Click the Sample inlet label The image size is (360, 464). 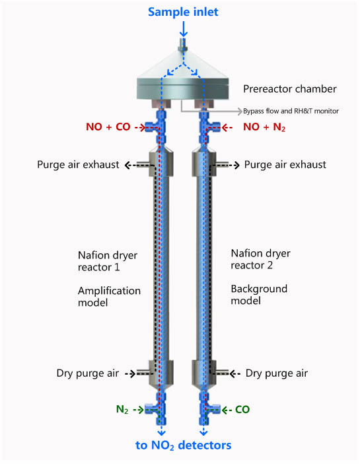click(x=183, y=12)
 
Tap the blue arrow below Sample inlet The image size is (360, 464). click(x=184, y=29)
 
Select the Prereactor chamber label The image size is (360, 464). click(x=290, y=89)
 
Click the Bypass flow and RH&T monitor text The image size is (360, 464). click(x=291, y=111)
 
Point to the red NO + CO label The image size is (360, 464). click(x=108, y=127)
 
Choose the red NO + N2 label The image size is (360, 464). click(x=264, y=128)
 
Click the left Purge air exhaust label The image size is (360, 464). click(x=78, y=165)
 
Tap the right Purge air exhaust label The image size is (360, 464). click(x=285, y=165)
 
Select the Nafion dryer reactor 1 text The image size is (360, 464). click(x=108, y=261)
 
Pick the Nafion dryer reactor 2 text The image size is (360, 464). click(x=261, y=259)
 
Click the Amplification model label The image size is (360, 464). click(x=109, y=297)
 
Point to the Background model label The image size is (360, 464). click(x=259, y=295)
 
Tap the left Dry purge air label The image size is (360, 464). click(x=88, y=373)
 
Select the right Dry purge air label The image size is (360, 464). click(x=277, y=373)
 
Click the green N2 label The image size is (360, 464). click(x=122, y=410)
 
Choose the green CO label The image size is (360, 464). click(x=242, y=410)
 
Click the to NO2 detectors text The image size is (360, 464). click(x=184, y=445)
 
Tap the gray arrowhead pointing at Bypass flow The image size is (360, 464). click(x=239, y=111)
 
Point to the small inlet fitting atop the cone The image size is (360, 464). click(x=184, y=45)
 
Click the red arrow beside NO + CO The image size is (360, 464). click(x=139, y=128)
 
